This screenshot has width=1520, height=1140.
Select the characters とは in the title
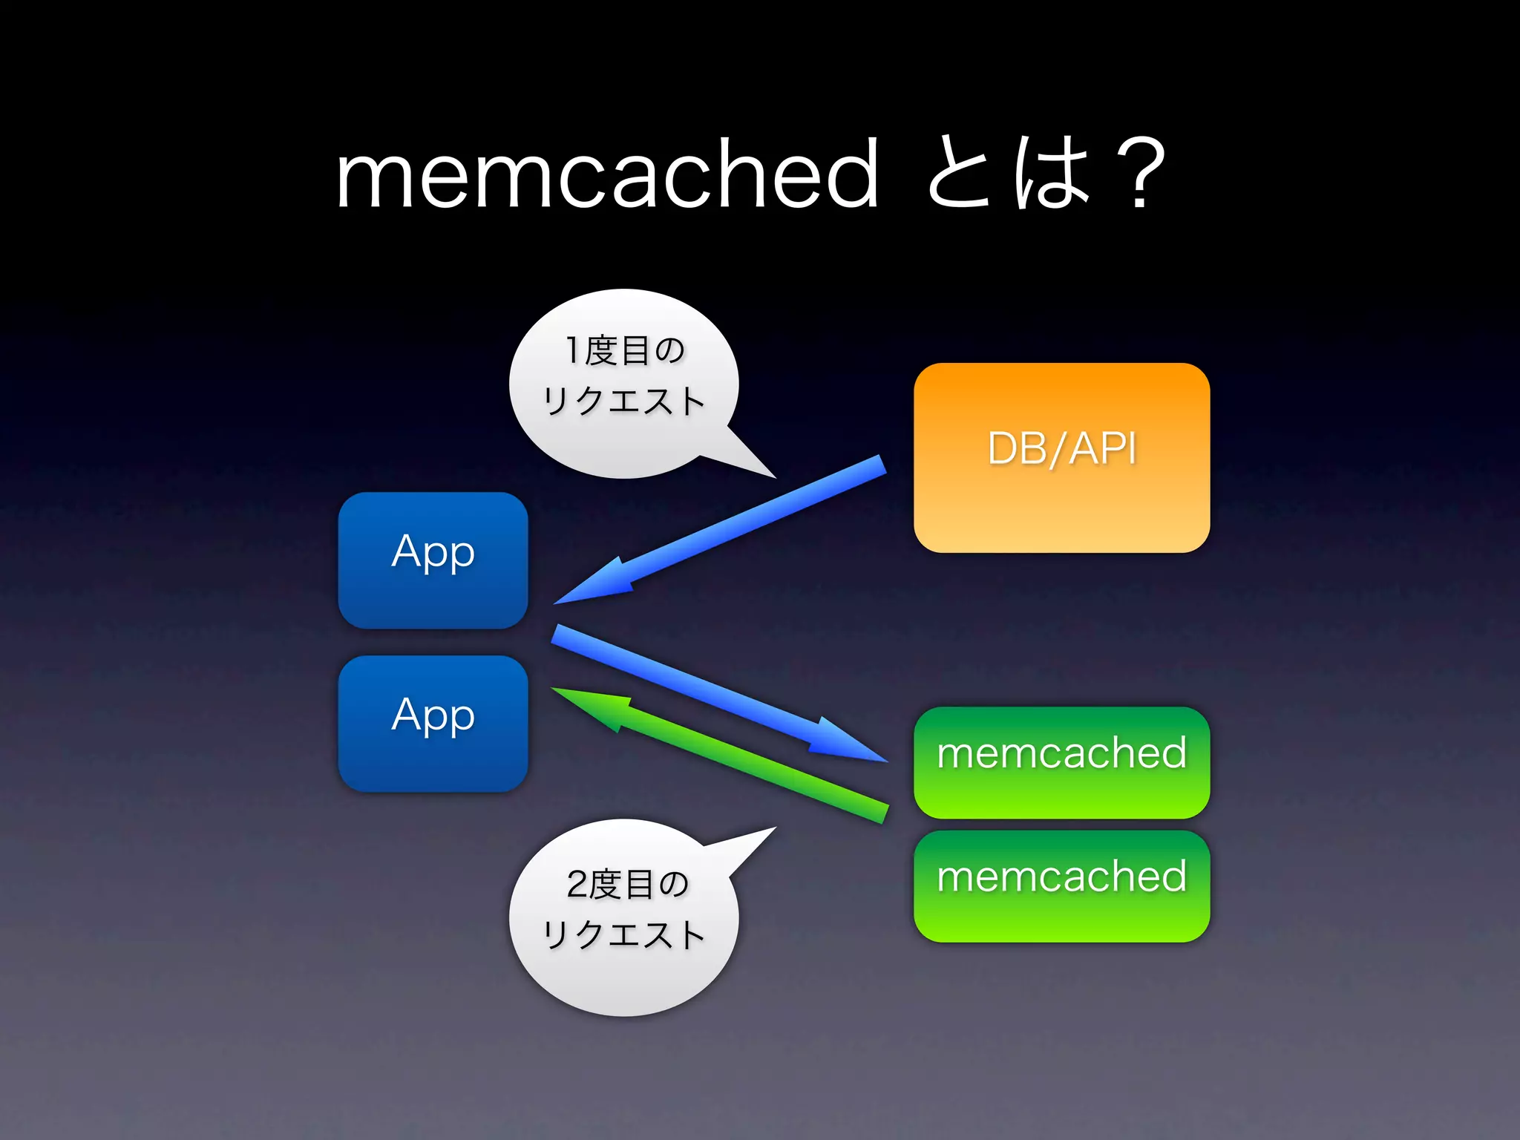click(x=1009, y=174)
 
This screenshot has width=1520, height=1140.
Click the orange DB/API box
click(x=1061, y=457)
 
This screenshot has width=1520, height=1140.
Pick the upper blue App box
click(x=433, y=560)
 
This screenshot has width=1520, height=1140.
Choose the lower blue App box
click(x=433, y=723)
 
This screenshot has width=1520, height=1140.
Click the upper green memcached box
click(x=1061, y=762)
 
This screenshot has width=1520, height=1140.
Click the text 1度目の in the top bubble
click(x=625, y=350)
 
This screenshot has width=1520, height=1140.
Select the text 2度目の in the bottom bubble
click(x=627, y=884)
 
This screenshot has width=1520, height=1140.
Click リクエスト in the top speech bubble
click(x=623, y=401)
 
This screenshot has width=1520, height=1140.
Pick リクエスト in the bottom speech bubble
click(x=623, y=934)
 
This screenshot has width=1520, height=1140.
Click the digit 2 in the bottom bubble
click(x=577, y=884)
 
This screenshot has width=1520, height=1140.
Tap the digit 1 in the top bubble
click(x=572, y=350)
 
